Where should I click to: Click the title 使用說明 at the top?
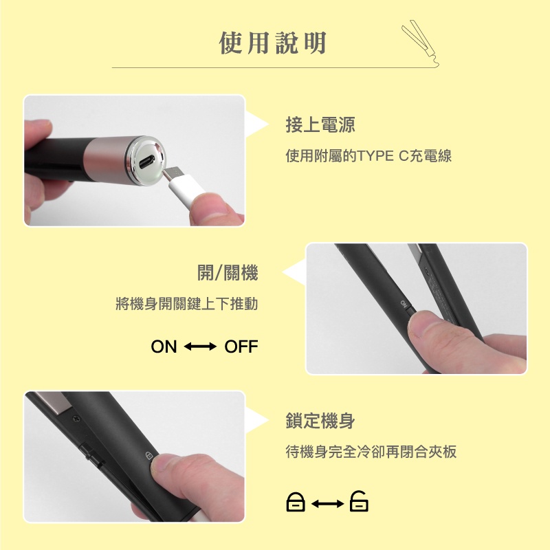click(272, 43)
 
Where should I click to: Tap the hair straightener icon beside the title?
click(420, 42)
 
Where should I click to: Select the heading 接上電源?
click(320, 124)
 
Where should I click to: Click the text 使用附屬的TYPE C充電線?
click(368, 156)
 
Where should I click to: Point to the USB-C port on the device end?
click(146, 162)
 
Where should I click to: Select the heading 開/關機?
click(228, 272)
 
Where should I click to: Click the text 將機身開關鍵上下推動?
click(186, 304)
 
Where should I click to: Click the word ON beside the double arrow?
click(164, 346)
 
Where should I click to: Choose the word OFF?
click(241, 346)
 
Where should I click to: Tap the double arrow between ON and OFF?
click(200, 346)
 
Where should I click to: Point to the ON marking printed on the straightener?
click(404, 304)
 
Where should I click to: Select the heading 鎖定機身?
click(320, 421)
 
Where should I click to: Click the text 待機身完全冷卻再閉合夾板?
click(371, 452)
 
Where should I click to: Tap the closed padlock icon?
click(296, 502)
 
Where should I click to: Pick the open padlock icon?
click(359, 501)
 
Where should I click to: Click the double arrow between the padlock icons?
click(328, 504)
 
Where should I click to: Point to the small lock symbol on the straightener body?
click(148, 456)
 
